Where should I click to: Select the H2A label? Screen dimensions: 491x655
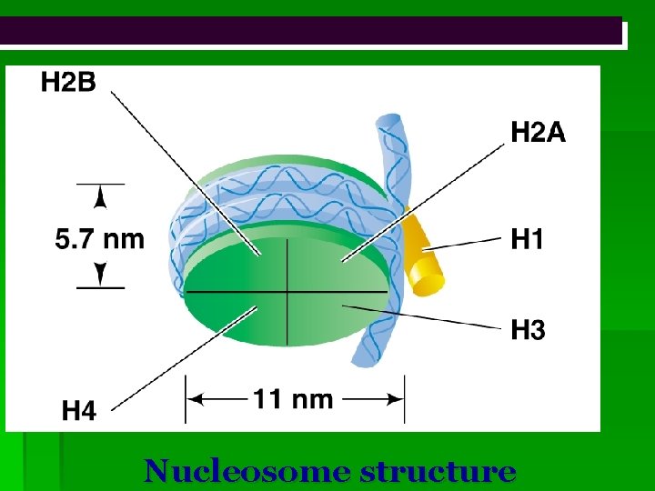537,134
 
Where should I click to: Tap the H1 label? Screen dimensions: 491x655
528,241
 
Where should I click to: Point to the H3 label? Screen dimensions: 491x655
528,329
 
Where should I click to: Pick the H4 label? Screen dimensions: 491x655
79,411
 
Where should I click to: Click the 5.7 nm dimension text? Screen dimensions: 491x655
99,239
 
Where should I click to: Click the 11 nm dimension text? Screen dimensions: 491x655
293,398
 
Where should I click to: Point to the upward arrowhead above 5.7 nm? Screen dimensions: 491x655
100,196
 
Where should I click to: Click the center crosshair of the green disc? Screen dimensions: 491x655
287,291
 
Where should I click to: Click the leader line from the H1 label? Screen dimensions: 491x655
469,243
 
